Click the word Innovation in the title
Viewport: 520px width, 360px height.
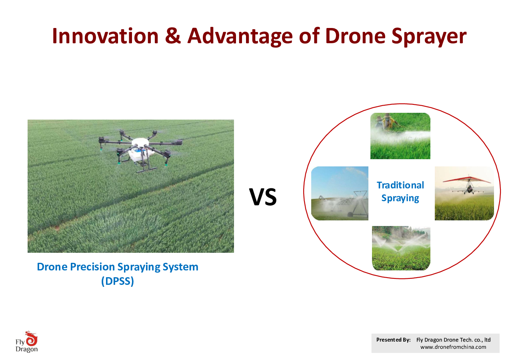point(105,36)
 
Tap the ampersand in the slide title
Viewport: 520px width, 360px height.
point(173,36)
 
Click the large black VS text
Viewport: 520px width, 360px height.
point(263,197)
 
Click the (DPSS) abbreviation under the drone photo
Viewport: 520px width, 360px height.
point(118,281)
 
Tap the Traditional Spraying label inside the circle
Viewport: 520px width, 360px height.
point(400,192)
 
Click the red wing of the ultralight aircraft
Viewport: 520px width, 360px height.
point(467,179)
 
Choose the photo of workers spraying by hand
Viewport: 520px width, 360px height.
point(400,136)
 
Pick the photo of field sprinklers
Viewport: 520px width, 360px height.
point(401,248)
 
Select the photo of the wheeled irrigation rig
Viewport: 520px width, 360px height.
point(340,193)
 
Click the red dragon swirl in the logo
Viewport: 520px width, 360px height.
point(31,339)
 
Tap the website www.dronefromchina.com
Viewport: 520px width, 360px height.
point(453,347)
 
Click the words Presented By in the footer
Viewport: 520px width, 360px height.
point(393,340)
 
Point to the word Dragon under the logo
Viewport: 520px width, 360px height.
point(26,349)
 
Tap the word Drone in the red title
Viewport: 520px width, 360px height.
point(355,36)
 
